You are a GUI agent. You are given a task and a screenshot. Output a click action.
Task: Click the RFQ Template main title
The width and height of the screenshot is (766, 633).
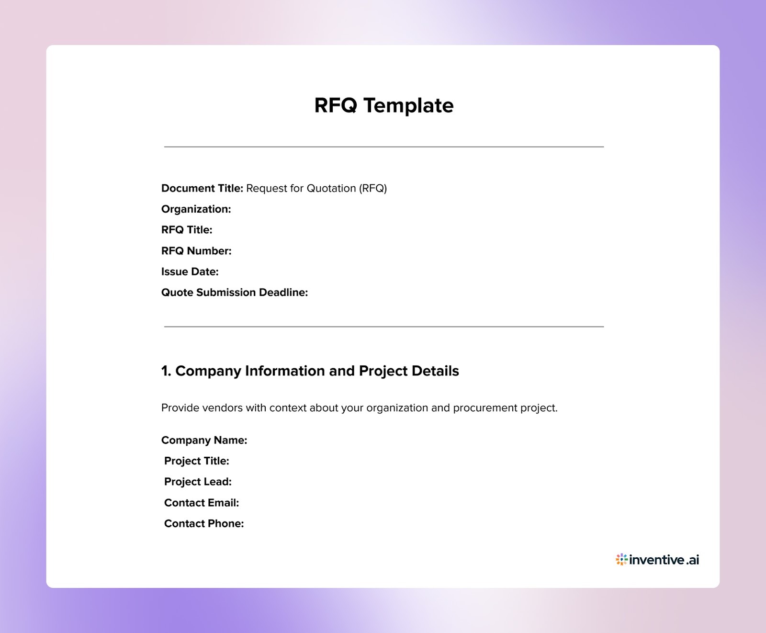pyautogui.click(x=383, y=106)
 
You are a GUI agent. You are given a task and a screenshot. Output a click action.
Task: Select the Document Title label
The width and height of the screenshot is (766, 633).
pyautogui.click(x=202, y=188)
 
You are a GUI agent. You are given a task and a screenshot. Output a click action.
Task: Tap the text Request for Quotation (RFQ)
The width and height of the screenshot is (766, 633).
pyautogui.click(x=316, y=188)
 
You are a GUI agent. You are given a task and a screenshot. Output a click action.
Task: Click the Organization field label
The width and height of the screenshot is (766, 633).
pyautogui.click(x=196, y=209)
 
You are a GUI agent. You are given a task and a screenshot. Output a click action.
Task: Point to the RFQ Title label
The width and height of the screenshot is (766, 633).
pyautogui.click(x=187, y=230)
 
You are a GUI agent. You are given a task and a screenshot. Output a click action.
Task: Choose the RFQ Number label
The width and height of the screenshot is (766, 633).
pyautogui.click(x=196, y=251)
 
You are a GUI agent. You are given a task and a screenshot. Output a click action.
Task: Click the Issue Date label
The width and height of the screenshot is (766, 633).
pyautogui.click(x=190, y=271)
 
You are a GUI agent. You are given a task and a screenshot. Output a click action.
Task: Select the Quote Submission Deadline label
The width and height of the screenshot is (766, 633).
pyautogui.click(x=235, y=293)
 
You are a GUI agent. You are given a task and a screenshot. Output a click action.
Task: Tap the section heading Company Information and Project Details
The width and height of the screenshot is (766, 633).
pyautogui.click(x=310, y=371)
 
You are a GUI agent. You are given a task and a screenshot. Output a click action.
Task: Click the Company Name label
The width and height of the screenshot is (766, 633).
pyautogui.click(x=204, y=440)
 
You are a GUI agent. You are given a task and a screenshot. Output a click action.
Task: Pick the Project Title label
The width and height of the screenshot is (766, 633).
pyautogui.click(x=196, y=461)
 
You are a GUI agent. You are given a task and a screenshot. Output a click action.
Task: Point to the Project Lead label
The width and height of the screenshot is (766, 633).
pyautogui.click(x=198, y=482)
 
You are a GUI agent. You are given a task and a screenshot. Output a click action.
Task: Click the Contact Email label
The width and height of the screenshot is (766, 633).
pyautogui.click(x=202, y=503)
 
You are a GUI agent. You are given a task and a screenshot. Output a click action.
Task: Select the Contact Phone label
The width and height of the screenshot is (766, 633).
pyautogui.click(x=204, y=523)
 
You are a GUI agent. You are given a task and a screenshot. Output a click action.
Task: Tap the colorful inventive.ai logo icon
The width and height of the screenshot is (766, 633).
pyautogui.click(x=621, y=559)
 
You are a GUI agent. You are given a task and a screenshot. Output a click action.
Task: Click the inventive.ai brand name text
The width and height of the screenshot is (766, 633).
pyautogui.click(x=664, y=559)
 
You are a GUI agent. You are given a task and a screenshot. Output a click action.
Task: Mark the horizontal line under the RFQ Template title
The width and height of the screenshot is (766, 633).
pyautogui.click(x=383, y=147)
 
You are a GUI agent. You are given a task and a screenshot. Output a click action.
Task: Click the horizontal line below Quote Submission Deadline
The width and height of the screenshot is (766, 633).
pyautogui.click(x=383, y=327)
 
